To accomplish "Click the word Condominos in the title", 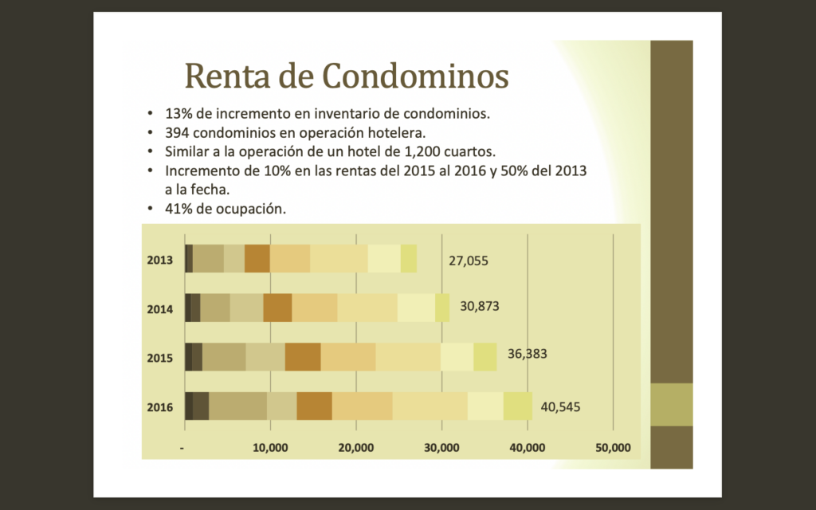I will [415, 76].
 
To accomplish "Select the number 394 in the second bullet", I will [176, 132].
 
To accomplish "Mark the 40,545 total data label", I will [561, 407].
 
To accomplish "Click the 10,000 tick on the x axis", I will [270, 447].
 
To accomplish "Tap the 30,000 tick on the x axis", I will [441, 447].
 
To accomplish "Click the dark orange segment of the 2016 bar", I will [314, 406].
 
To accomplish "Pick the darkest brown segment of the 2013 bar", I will [188, 258].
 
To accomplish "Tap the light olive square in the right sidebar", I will [672, 405].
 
